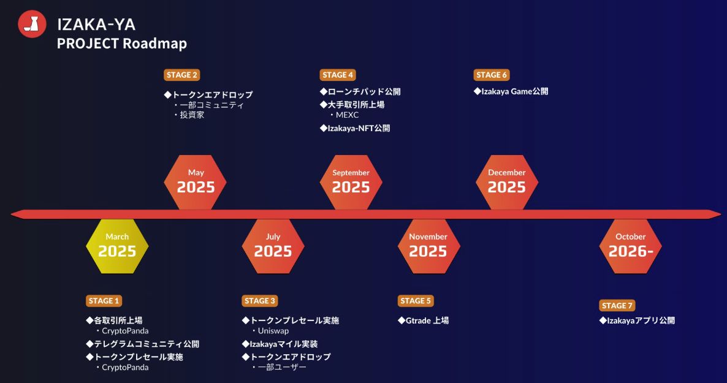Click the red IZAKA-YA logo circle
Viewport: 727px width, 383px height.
click(32, 24)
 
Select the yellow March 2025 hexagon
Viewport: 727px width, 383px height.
click(117, 246)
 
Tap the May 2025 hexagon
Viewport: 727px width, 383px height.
click(195, 182)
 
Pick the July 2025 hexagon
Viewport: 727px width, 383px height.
click(273, 246)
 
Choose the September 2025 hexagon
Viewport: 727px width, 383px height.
click(351, 182)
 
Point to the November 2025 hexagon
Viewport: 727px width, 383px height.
click(429, 246)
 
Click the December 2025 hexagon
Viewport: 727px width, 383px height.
click(507, 182)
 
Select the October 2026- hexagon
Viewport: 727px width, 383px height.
click(631, 246)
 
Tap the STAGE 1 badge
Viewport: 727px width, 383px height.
click(104, 301)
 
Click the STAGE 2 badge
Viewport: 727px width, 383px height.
click(181, 75)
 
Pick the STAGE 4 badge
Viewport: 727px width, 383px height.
click(338, 75)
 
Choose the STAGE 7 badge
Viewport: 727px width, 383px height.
click(617, 306)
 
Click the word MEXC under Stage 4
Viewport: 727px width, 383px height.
click(348, 115)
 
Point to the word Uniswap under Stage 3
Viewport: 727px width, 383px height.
click(273, 331)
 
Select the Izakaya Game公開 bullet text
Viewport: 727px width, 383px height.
click(515, 91)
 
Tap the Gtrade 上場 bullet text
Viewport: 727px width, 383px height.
click(427, 320)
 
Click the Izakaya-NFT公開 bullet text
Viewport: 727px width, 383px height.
click(359, 128)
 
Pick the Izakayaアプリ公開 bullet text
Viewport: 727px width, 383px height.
click(641, 320)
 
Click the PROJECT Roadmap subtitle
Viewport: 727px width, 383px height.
click(122, 44)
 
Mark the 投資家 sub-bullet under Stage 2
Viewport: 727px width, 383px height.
click(192, 115)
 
